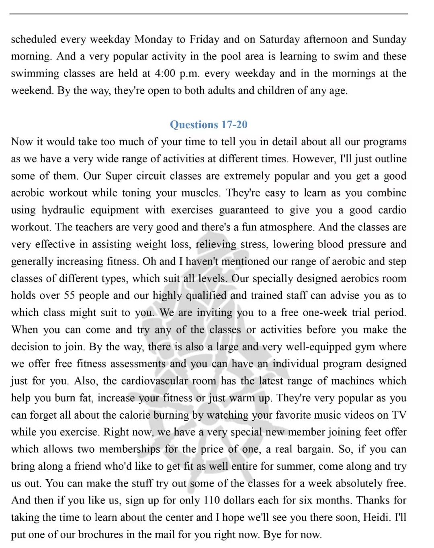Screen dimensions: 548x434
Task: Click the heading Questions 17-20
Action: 209,125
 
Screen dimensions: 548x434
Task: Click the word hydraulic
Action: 63,210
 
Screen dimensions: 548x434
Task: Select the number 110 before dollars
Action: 212,501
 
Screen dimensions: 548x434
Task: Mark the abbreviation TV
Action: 399,415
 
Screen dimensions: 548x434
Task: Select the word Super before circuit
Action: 119,176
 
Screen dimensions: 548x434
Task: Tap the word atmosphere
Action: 287,227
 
